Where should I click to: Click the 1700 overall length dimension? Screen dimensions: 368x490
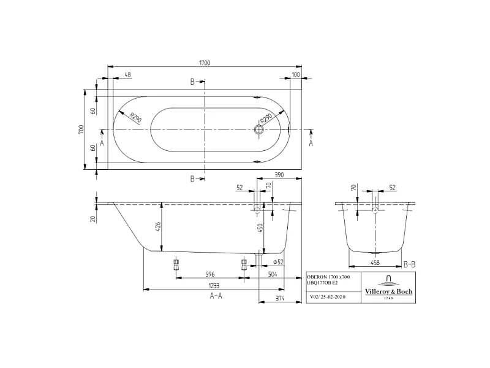click(204, 63)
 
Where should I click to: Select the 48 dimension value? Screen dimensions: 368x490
click(127, 75)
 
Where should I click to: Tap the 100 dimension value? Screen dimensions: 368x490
click(296, 75)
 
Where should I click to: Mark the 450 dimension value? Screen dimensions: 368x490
click(260, 228)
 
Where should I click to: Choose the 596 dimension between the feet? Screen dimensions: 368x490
click(210, 274)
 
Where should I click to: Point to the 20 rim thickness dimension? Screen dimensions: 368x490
click(93, 218)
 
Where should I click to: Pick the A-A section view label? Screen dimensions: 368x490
click(216, 296)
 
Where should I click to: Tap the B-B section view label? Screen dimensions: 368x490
click(410, 264)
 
